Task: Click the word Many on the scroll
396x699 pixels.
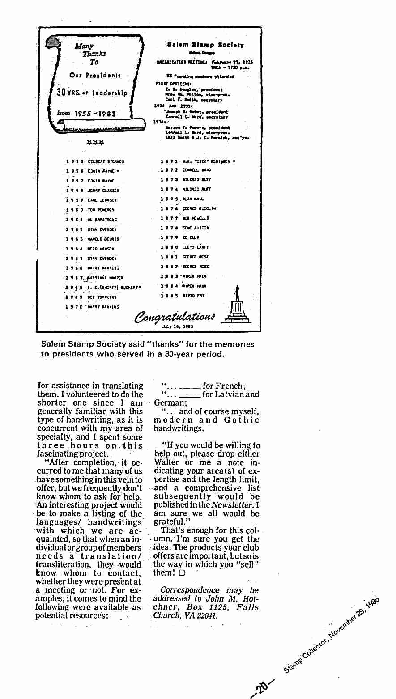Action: [x=84, y=46]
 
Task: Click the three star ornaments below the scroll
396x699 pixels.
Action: [x=95, y=143]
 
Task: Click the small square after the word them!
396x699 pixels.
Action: [x=182, y=572]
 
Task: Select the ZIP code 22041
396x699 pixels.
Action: [x=206, y=616]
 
